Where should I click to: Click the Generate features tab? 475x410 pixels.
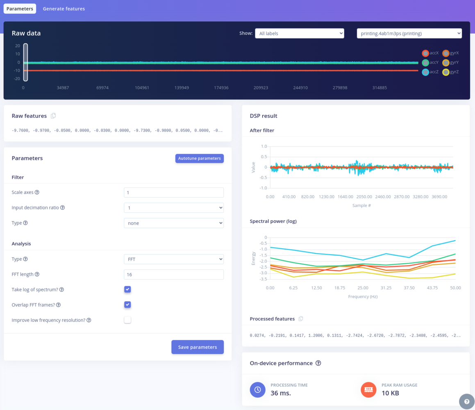click(x=64, y=9)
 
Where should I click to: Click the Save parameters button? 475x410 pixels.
click(x=197, y=347)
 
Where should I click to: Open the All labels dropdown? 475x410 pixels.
click(x=299, y=33)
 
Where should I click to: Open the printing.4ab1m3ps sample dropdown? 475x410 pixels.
click(x=409, y=33)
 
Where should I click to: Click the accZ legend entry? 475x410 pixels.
click(x=430, y=72)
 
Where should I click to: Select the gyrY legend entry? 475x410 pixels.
click(x=450, y=63)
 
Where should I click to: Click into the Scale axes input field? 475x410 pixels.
click(x=173, y=192)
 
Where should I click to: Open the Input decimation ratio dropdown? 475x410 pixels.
click(x=173, y=208)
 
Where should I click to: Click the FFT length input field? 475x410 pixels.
click(x=173, y=274)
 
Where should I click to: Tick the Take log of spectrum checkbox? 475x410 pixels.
click(x=127, y=289)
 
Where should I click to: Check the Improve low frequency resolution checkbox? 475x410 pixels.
click(x=127, y=320)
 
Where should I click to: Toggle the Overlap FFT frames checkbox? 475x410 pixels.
click(x=127, y=305)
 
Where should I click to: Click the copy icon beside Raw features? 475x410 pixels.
click(x=53, y=116)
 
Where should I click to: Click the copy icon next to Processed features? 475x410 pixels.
click(x=301, y=319)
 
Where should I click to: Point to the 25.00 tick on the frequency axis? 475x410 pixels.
click(x=363, y=288)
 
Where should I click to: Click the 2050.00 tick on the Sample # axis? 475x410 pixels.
click(x=364, y=197)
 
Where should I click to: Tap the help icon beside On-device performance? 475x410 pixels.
click(x=318, y=363)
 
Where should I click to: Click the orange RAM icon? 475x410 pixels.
click(x=368, y=389)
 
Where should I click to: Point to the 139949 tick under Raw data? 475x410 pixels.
click(x=182, y=88)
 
